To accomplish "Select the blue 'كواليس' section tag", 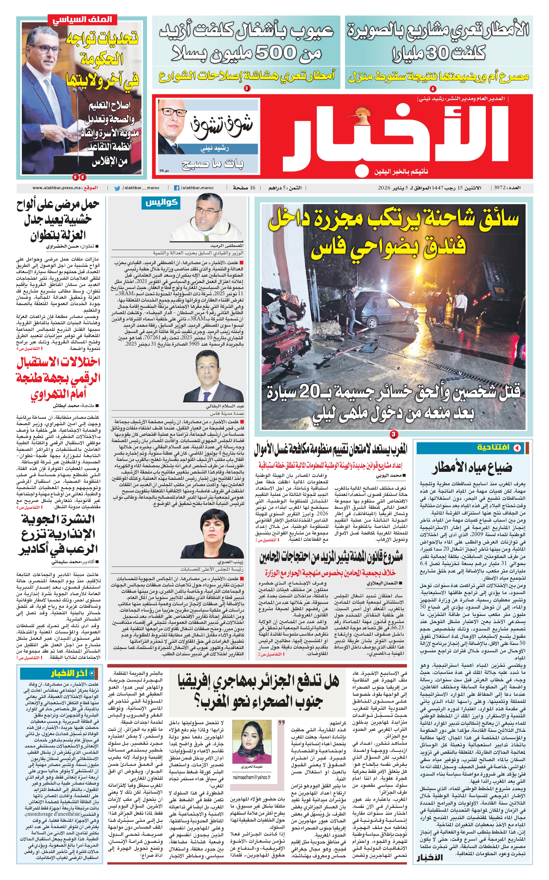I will coord(162,203).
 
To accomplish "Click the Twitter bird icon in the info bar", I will coord(117,188).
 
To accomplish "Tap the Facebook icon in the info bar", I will coord(177,188).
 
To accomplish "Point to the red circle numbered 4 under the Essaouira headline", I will coord(433,89).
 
